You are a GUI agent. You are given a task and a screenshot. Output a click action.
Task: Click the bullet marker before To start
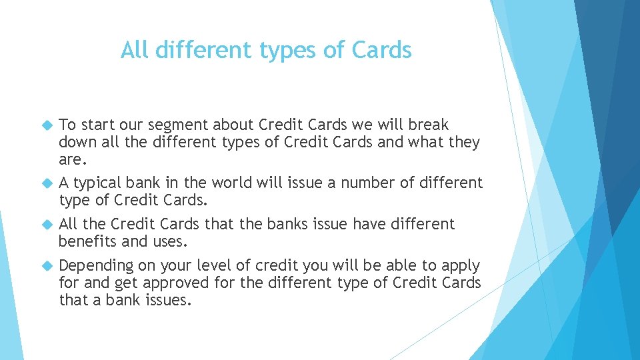tap(46, 125)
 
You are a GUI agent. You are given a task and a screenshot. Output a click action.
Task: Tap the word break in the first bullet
tap(429, 125)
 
